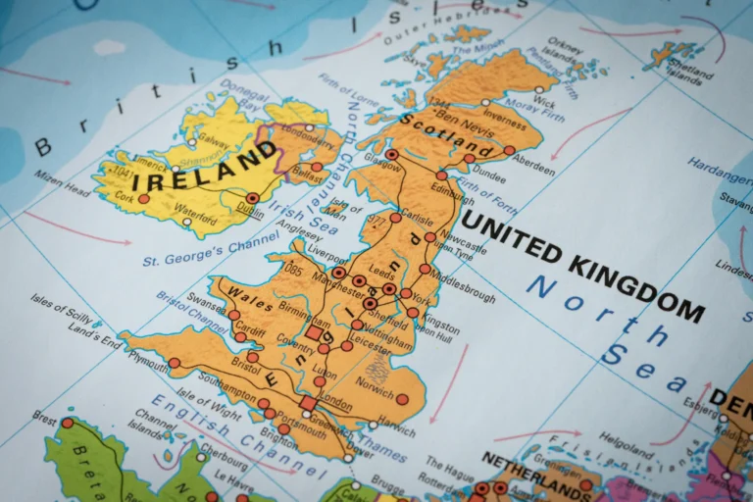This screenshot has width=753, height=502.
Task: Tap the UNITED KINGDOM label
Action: point(582,265)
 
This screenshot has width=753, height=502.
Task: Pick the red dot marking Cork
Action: point(143,198)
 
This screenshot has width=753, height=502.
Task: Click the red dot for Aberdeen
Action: point(509,151)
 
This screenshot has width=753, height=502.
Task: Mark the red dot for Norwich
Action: point(401,399)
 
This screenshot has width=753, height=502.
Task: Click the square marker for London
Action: point(308,403)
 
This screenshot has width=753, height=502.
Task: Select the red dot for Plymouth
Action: point(174,363)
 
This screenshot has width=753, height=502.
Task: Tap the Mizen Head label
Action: point(62,183)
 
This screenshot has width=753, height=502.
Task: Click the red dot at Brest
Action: point(68,424)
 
